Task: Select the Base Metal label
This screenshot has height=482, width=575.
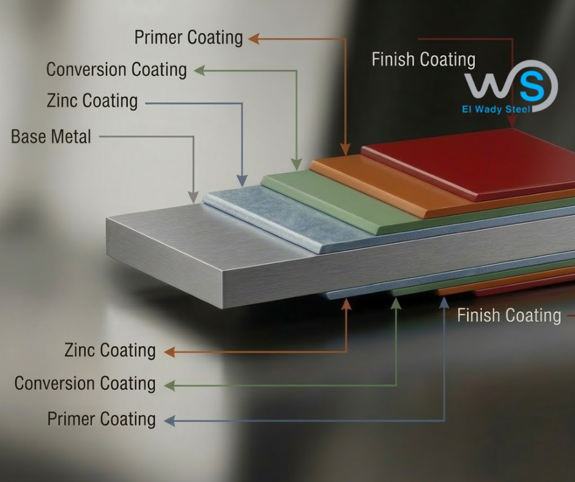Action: coord(51,136)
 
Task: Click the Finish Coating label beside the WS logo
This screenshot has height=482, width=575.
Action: coord(423,59)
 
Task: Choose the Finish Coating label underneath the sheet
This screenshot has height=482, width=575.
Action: coord(509,315)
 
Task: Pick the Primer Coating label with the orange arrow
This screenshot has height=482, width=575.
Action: coord(188,37)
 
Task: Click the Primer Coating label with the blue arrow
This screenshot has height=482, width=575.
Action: coord(102,420)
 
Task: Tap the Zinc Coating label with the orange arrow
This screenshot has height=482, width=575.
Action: coord(109,350)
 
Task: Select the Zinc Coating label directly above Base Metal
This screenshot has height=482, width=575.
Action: coord(92,100)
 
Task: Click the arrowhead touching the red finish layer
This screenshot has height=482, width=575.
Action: coord(512,123)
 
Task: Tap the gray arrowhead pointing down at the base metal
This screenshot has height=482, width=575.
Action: coord(193,197)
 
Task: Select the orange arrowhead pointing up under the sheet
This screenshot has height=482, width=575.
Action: coord(347,303)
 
